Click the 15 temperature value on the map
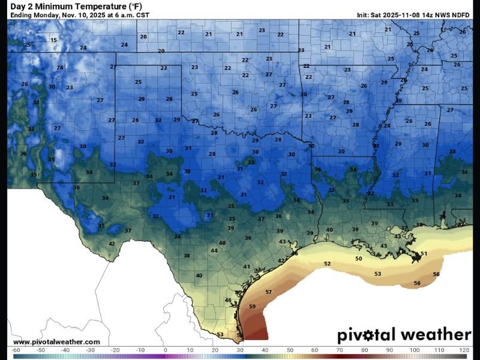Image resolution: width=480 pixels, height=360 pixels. click(53, 40)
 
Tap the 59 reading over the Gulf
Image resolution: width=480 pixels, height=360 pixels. click(252, 307)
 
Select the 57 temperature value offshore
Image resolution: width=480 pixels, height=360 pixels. click(268, 292)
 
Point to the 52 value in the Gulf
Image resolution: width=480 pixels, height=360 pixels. click(327, 264)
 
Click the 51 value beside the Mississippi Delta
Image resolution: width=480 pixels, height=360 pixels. click(424, 254)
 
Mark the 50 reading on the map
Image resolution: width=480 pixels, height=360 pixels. click(358, 259)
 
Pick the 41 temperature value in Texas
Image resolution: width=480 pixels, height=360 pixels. click(246, 266)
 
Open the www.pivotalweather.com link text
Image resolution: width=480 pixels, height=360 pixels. click(56, 342)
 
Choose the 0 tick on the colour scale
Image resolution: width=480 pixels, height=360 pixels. click(165, 349)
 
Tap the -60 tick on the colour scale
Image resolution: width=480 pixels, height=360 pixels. click(16, 349)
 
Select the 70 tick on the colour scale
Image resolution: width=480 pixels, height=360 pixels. click(338, 349)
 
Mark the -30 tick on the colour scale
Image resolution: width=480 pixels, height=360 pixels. click(90, 349)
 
